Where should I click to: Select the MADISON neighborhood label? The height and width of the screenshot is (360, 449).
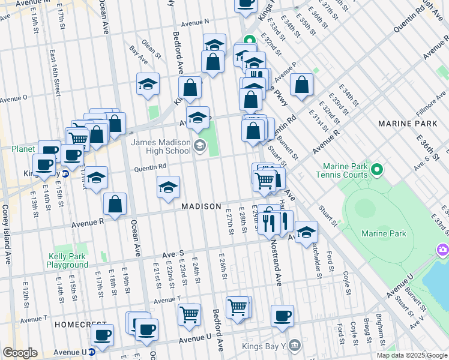coord(202,206)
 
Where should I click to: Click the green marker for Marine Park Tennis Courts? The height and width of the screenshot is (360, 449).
coord(377,170)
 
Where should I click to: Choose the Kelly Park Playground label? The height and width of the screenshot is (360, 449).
coord(68,260)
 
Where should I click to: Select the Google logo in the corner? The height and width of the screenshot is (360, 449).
coord(20,353)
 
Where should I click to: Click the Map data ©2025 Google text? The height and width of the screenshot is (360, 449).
coord(411,355)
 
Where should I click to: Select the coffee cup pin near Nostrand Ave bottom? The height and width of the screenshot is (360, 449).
coord(282,315)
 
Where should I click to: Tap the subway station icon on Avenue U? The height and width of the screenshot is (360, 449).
coord(92,352)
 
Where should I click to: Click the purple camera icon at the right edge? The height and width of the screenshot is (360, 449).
coord(443,248)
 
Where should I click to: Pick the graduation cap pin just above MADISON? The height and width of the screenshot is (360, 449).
coord(169,187)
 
